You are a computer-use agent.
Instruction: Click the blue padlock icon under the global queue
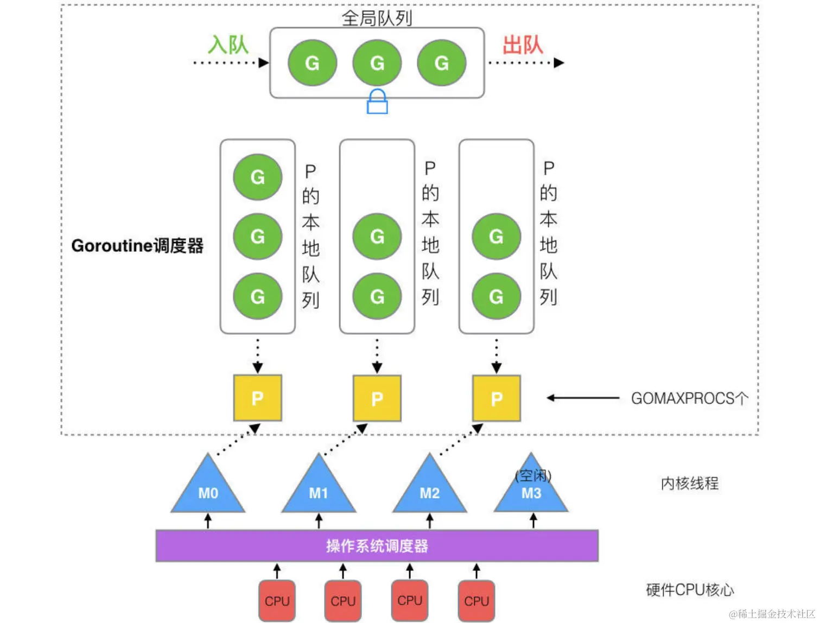[377, 102]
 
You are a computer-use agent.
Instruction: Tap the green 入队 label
[228, 44]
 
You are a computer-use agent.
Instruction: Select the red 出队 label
[522, 44]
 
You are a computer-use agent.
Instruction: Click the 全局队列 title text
[377, 18]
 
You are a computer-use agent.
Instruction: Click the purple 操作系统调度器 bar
[377, 545]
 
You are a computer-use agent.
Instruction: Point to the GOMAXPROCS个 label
[689, 398]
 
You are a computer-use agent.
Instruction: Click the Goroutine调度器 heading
[137, 246]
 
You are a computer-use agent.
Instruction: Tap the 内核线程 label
[689, 483]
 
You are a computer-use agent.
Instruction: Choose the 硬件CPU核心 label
[689, 590]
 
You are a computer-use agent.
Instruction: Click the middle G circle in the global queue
[377, 63]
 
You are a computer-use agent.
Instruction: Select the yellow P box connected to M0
[257, 398]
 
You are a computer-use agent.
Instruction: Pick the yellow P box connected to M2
[496, 398]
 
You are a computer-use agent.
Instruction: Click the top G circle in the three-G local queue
[257, 177]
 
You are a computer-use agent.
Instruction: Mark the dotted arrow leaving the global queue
[525, 63]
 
